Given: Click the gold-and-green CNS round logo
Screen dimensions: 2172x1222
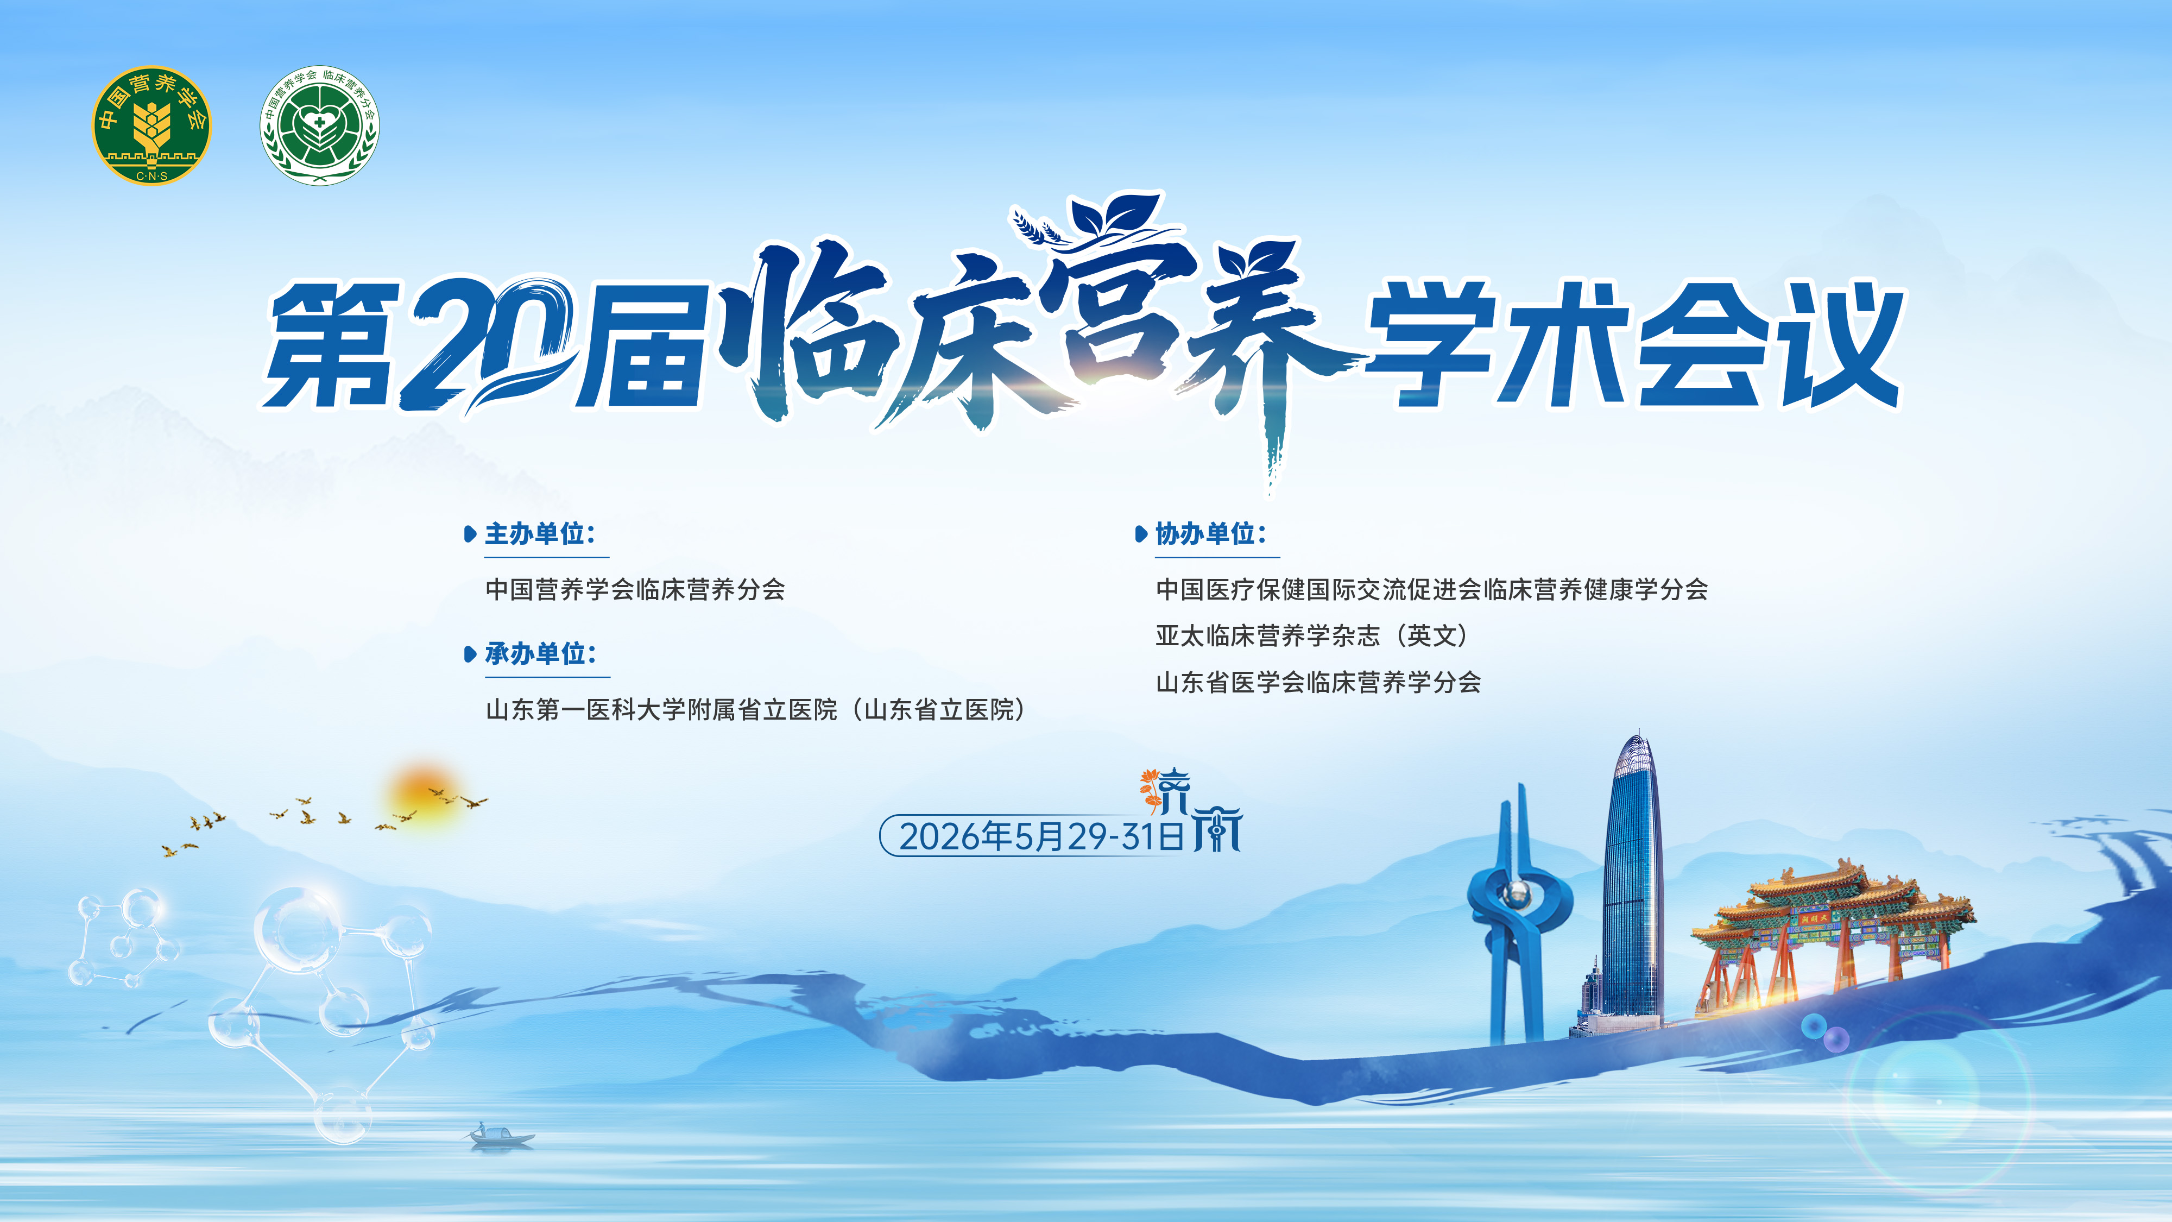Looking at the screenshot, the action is tap(152, 125).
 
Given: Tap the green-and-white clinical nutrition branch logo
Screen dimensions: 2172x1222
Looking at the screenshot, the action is tap(320, 125).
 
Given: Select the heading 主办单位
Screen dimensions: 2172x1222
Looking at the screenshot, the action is tap(540, 534).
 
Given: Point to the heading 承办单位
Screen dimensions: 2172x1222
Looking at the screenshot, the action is tap(540, 653).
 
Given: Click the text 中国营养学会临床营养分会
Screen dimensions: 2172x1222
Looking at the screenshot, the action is tap(635, 589).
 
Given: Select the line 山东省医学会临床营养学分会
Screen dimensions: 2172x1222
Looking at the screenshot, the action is tap(1318, 682).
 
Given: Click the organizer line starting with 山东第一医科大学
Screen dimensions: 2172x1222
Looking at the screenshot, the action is tap(755, 709).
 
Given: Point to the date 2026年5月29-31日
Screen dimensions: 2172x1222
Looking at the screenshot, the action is tap(1041, 836).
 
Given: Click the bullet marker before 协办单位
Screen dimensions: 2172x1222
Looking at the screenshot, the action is tap(1141, 534).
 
